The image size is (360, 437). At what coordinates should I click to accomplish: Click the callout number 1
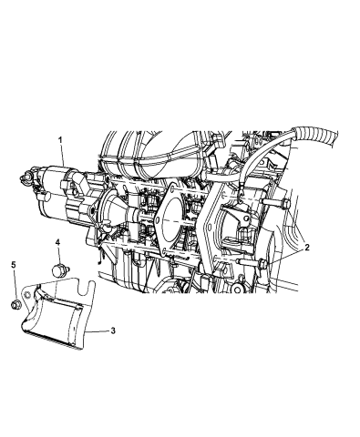(x=60, y=140)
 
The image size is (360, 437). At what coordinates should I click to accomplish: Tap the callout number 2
(x=306, y=248)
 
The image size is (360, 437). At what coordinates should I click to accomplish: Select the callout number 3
(x=113, y=330)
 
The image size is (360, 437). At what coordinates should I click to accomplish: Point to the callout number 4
(x=57, y=242)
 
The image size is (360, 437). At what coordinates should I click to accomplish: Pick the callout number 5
(x=14, y=265)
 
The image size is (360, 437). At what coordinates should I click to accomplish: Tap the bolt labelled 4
(x=59, y=269)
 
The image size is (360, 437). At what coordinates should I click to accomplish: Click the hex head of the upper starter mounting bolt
(x=285, y=204)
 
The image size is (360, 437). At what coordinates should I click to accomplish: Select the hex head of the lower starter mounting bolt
(x=262, y=264)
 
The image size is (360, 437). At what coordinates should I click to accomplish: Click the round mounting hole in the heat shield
(x=28, y=294)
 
